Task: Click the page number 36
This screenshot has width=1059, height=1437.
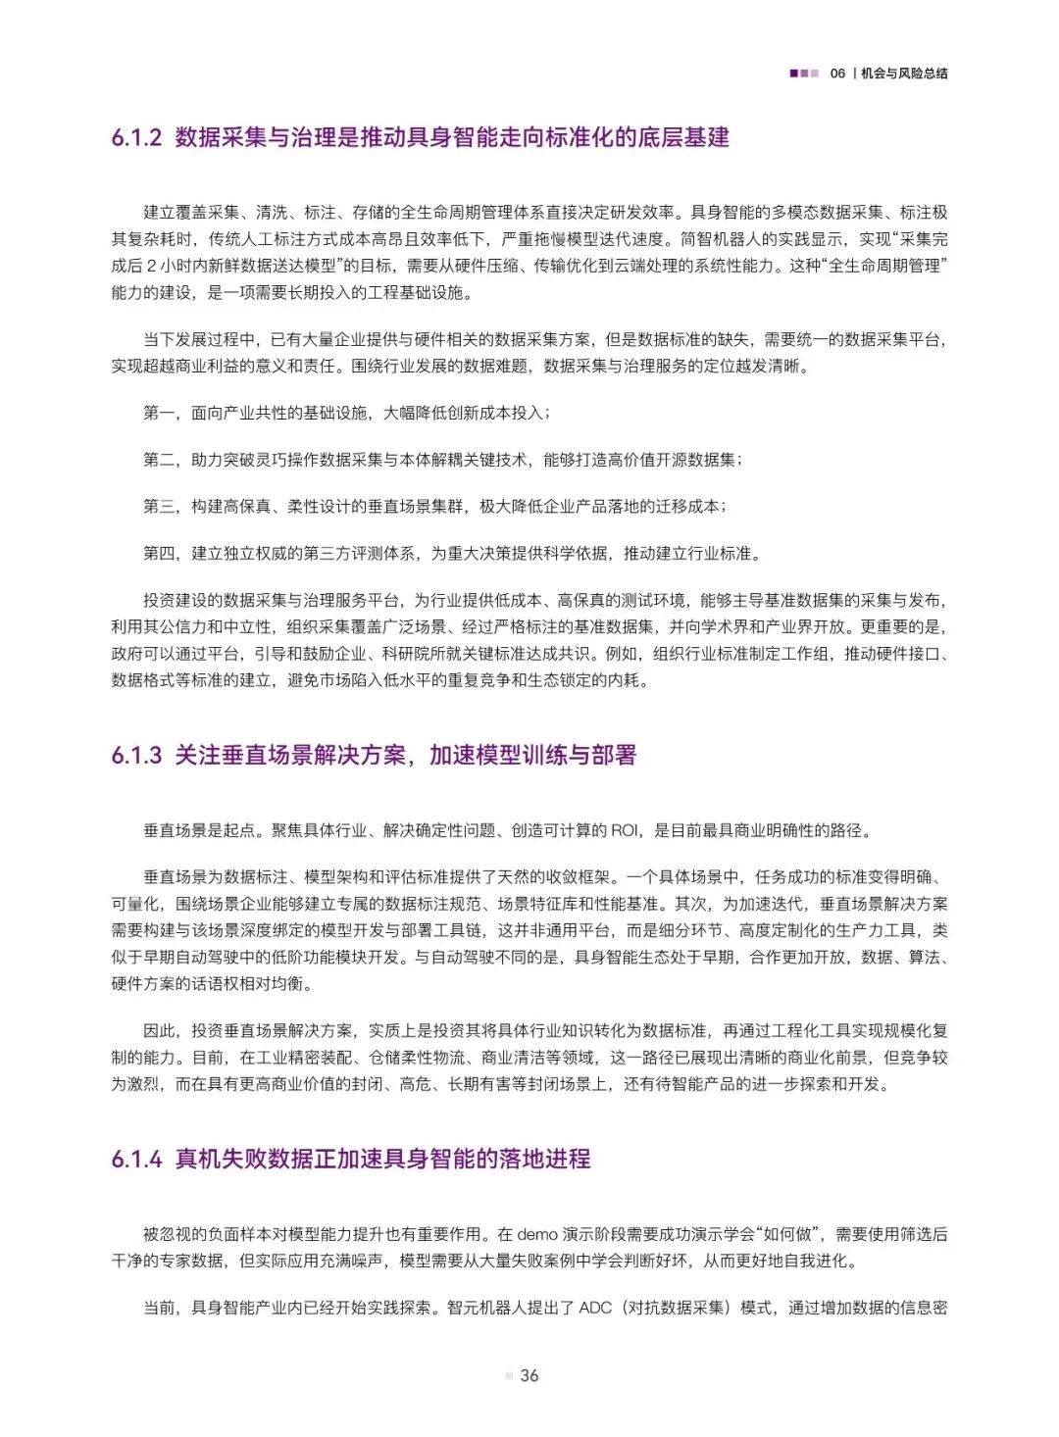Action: [x=529, y=1375]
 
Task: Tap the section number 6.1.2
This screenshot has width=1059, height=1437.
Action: [x=136, y=137]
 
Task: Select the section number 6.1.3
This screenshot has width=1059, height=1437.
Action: [x=136, y=755]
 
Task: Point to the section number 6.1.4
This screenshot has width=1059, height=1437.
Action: [x=136, y=1159]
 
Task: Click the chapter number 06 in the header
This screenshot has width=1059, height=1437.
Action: [x=837, y=74]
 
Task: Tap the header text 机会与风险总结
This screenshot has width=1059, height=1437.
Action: [x=904, y=74]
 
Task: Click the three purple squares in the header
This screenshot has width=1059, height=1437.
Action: [x=804, y=74]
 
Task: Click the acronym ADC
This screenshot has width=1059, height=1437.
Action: [x=595, y=1308]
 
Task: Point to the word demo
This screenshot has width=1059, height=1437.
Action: [x=537, y=1234]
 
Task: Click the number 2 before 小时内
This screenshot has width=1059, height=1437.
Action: [x=152, y=266]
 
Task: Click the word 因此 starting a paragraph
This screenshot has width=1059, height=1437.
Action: [x=159, y=1031]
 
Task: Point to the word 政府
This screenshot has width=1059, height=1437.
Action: [x=127, y=654]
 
